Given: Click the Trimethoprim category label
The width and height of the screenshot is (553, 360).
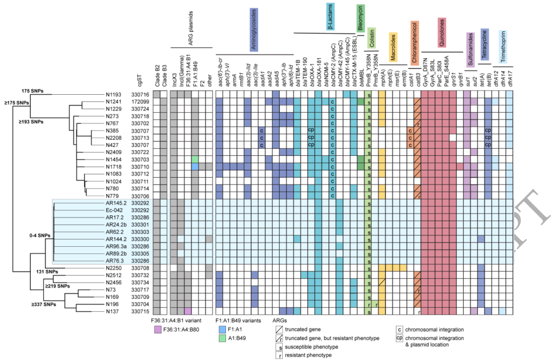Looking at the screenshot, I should click(504, 45).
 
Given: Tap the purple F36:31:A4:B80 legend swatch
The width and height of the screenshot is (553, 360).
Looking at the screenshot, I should click(159, 330).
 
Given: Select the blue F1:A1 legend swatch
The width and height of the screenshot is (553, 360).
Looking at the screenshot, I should click(222, 330).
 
